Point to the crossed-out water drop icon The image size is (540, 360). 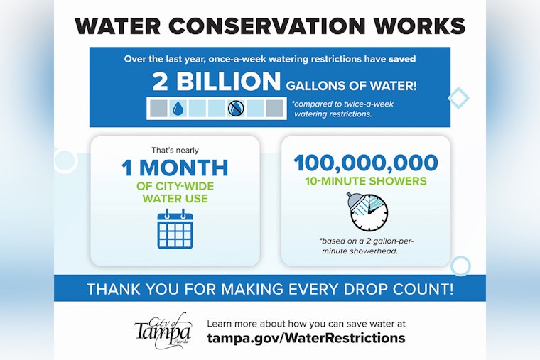(235, 108)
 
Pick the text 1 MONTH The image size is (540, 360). (175, 168)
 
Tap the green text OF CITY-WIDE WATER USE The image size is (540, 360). (175, 192)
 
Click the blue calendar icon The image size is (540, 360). (175, 229)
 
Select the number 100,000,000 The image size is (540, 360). (366, 163)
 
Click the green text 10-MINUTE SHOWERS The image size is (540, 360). (366, 181)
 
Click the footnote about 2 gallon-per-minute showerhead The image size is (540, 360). (366, 245)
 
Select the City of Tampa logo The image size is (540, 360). (163, 329)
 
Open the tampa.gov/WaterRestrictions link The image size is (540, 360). (306, 338)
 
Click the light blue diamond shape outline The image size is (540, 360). (458, 97)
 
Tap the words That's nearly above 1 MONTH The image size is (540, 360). (175, 150)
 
